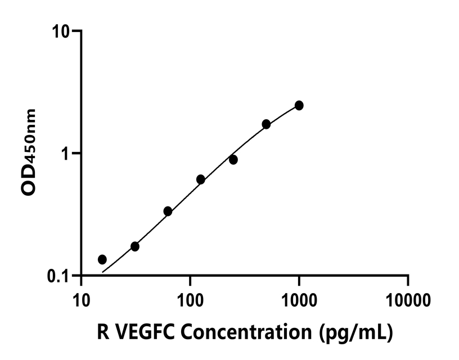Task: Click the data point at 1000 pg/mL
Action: click(299, 106)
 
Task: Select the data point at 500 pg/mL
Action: click(266, 124)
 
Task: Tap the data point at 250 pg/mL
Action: click(233, 160)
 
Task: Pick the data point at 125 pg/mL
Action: click(200, 179)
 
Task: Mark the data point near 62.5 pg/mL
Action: click(168, 211)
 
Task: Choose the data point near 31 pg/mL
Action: click(135, 246)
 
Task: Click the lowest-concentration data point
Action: click(102, 259)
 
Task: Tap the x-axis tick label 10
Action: click(82, 300)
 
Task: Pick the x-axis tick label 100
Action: click(190, 300)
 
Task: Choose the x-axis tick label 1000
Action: click(299, 300)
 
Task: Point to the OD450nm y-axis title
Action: click(29, 152)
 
